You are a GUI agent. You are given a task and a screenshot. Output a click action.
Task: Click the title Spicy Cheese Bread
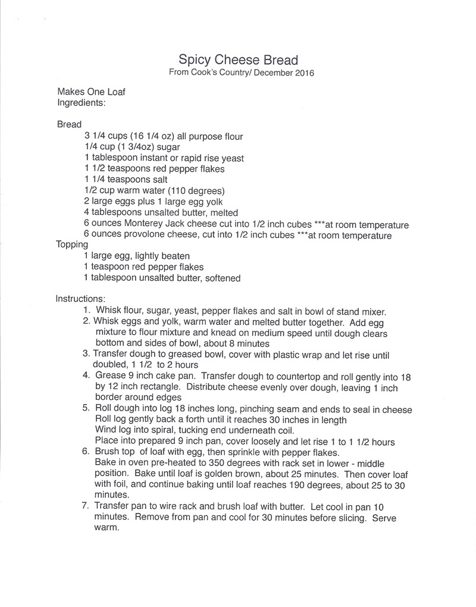pos(238,60)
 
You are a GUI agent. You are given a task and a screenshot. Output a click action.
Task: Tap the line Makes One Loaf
pos(91,92)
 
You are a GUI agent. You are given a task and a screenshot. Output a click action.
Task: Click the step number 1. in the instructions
pos(87,310)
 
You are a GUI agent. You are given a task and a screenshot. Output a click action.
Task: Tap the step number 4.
pos(87,376)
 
